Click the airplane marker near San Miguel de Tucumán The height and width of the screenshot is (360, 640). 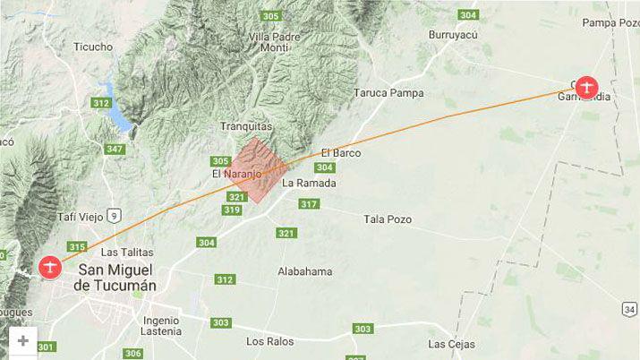click(x=50, y=267)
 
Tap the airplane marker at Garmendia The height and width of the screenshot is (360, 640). click(x=586, y=87)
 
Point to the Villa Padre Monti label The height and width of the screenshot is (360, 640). click(x=275, y=42)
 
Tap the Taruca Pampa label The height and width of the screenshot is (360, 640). click(x=388, y=92)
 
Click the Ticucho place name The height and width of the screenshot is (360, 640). click(x=93, y=47)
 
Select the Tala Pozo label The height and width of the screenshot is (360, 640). click(x=386, y=219)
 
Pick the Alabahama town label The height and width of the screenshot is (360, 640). click(x=304, y=271)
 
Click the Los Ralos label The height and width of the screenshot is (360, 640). click(x=269, y=341)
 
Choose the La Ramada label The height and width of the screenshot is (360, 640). click(x=309, y=183)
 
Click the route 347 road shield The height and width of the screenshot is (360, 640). click(x=115, y=149)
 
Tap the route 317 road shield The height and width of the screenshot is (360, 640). click(x=309, y=204)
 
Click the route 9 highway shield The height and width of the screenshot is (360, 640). click(x=114, y=214)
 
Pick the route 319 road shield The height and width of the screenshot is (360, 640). click(x=232, y=210)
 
